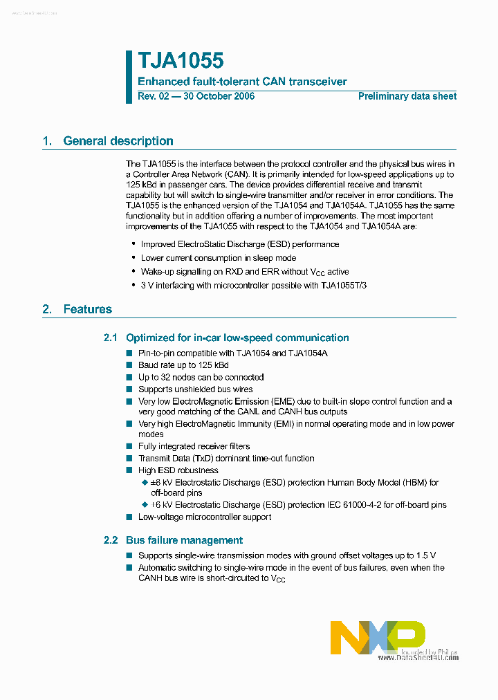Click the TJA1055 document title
click(x=181, y=62)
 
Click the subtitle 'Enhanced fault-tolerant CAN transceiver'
click(x=242, y=82)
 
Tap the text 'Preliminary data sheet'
click(x=407, y=96)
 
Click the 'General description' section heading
click(x=118, y=141)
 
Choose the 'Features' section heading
click(x=87, y=309)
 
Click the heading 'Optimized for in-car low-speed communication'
click(x=237, y=338)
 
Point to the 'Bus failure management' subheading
click(x=184, y=540)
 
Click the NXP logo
click(x=377, y=637)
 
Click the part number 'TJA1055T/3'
click(x=344, y=285)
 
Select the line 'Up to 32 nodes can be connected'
click(x=201, y=377)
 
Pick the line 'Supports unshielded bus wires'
click(x=195, y=389)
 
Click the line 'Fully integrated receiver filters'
click(x=194, y=446)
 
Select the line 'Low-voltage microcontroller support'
click(x=205, y=517)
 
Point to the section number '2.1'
click(x=111, y=338)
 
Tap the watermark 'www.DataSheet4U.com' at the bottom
click(x=418, y=658)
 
